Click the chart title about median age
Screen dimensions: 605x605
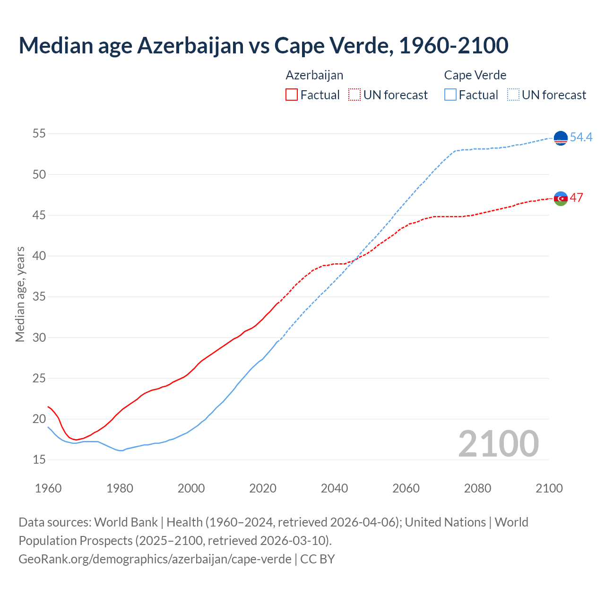[x=263, y=45]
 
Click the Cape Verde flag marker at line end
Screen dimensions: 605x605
[x=561, y=138]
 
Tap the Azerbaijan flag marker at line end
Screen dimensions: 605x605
[x=561, y=199]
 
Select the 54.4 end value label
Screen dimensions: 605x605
[x=581, y=137]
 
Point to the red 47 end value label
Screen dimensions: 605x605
[x=576, y=198]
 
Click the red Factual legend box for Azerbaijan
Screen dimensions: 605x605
[x=292, y=95]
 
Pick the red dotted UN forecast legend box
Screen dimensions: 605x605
[x=354, y=95]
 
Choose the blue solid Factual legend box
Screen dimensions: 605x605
[x=450, y=95]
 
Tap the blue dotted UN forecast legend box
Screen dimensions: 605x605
[x=513, y=95]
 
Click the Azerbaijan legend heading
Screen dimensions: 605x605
[x=314, y=75]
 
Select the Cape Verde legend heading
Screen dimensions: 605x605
[x=475, y=75]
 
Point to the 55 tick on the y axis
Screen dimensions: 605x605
[x=39, y=134]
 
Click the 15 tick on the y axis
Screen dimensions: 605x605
[x=39, y=459]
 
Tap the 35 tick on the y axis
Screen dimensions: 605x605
[x=39, y=297]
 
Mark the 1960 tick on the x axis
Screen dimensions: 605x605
[x=48, y=488]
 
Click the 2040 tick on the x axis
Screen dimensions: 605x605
[x=334, y=488]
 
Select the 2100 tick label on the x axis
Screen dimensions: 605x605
[x=549, y=488]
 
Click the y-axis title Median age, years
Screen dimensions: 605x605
[x=20, y=294]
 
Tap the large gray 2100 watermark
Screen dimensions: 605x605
[x=498, y=443]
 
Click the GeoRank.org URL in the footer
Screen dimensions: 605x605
[x=155, y=559]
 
